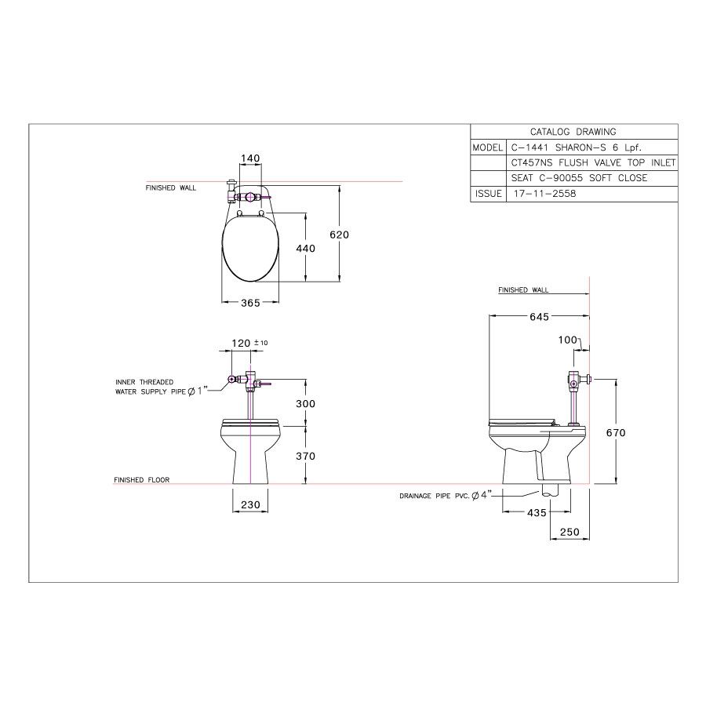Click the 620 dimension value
point(339,235)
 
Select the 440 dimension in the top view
point(305,249)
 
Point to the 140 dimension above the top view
point(249,158)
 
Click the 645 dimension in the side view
point(537,316)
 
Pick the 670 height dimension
point(616,432)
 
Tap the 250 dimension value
point(570,532)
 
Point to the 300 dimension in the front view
point(305,403)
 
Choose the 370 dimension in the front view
point(305,456)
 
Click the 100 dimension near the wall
point(566,340)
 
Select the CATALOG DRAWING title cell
point(573,132)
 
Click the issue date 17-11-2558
point(543,193)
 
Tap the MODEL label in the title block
point(487,147)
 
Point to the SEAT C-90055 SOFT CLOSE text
point(579,178)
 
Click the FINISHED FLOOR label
point(141,480)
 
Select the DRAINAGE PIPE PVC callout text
point(444,497)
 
